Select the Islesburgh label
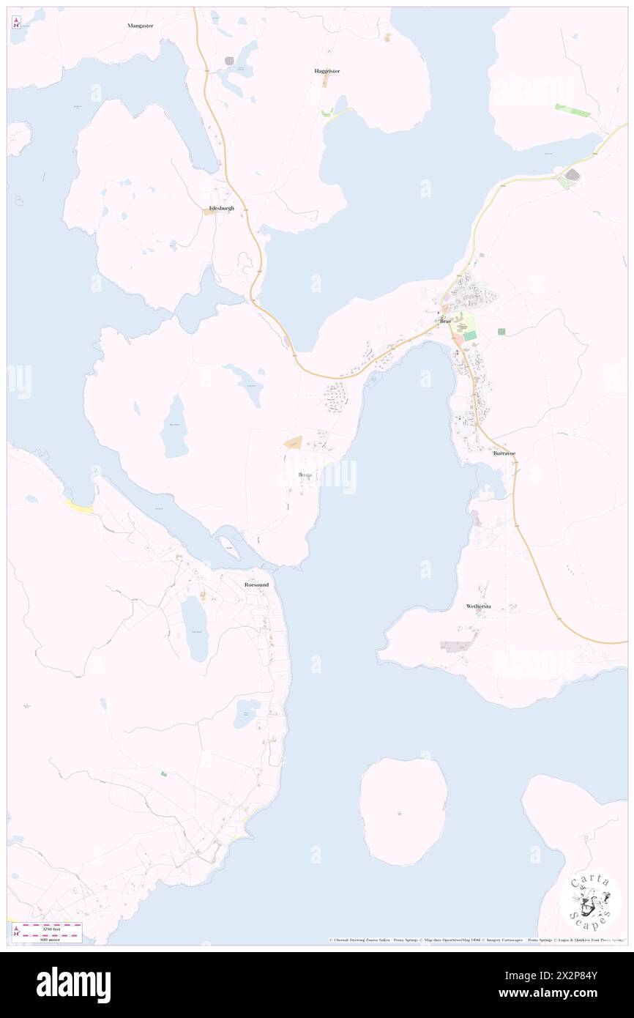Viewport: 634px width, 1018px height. (x=222, y=208)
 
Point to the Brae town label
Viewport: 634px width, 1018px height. (x=444, y=322)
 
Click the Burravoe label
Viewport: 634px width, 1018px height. (x=504, y=453)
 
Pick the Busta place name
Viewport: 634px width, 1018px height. (x=305, y=475)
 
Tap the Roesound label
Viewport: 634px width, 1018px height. (x=256, y=584)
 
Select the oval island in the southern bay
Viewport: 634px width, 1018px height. (x=403, y=811)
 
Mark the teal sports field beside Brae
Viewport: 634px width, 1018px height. (x=469, y=335)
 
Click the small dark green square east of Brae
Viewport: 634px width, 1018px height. (x=501, y=332)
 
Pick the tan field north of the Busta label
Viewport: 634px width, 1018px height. (x=294, y=442)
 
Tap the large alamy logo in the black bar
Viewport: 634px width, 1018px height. (x=73, y=984)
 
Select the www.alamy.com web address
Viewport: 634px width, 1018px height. (x=567, y=993)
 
